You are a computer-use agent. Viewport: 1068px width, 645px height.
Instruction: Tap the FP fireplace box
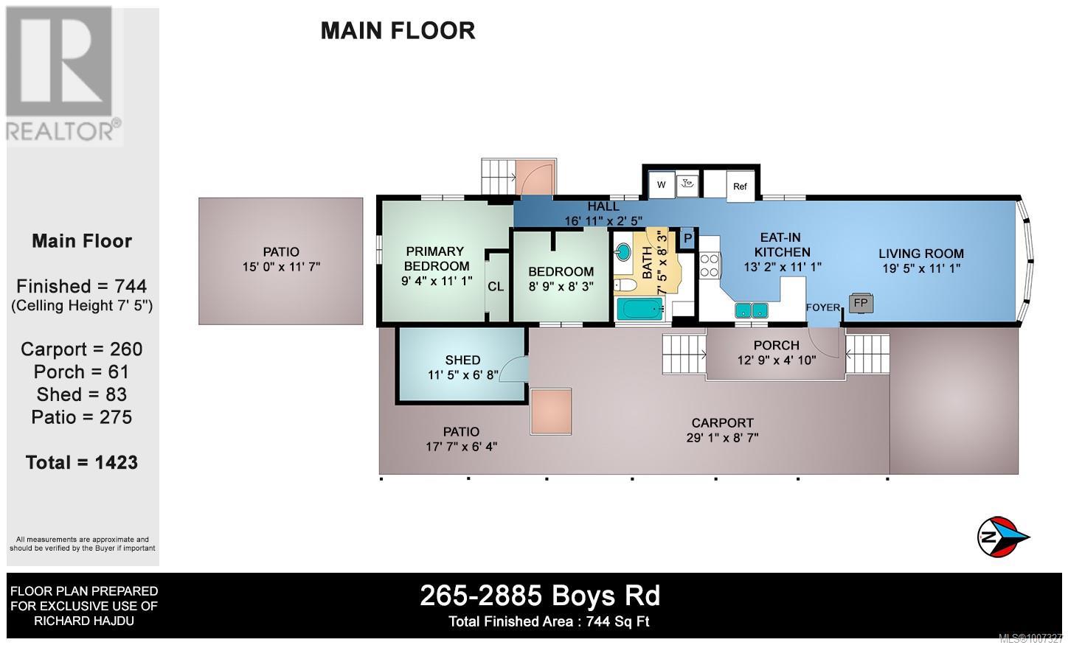pyautogui.click(x=861, y=303)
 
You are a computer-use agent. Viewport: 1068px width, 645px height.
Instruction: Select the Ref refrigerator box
pyautogui.click(x=740, y=186)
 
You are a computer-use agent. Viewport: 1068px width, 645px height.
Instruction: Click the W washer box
pyautogui.click(x=662, y=184)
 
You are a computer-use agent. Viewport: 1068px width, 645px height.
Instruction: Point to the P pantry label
pyautogui.click(x=687, y=238)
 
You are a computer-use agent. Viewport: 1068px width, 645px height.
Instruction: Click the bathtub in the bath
pyautogui.click(x=640, y=309)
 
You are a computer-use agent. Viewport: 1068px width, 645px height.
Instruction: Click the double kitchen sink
pyautogui.click(x=752, y=310)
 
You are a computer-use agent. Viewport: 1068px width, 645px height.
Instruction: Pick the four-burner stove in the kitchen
pyautogui.click(x=710, y=265)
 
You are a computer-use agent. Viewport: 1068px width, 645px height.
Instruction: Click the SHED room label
pyautogui.click(x=462, y=360)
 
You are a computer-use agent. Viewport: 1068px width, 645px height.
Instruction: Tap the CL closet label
pyautogui.click(x=496, y=286)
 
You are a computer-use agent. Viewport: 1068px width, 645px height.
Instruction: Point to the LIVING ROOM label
pyautogui.click(x=921, y=254)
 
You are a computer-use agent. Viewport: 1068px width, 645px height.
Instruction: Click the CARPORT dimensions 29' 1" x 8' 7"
pyautogui.click(x=722, y=437)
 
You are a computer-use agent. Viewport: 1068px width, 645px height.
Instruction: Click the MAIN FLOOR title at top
pyautogui.click(x=398, y=31)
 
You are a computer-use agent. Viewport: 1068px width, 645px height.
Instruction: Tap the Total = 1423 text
pyautogui.click(x=82, y=462)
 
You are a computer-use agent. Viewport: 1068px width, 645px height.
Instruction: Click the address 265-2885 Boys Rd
pyautogui.click(x=540, y=596)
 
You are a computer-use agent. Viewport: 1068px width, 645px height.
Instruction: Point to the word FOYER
pyautogui.click(x=823, y=307)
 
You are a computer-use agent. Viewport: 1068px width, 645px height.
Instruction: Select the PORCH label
pyautogui.click(x=776, y=346)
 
